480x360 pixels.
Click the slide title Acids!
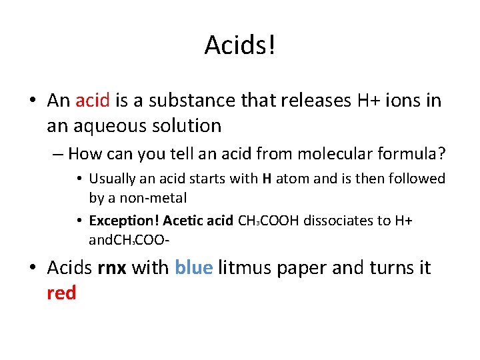[240, 45]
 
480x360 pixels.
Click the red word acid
[93, 101]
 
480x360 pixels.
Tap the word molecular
[306, 155]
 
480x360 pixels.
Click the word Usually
[112, 179]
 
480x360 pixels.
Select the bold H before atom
[267, 179]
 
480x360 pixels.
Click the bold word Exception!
[123, 221]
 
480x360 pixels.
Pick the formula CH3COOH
[269, 221]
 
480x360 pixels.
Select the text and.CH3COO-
[127, 239]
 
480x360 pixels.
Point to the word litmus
[240, 268]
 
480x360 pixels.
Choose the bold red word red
[61, 293]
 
